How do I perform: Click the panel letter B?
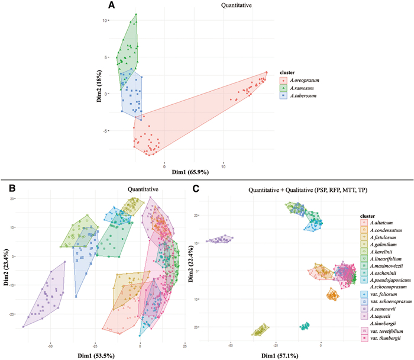pyautogui.click(x=9, y=188)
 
